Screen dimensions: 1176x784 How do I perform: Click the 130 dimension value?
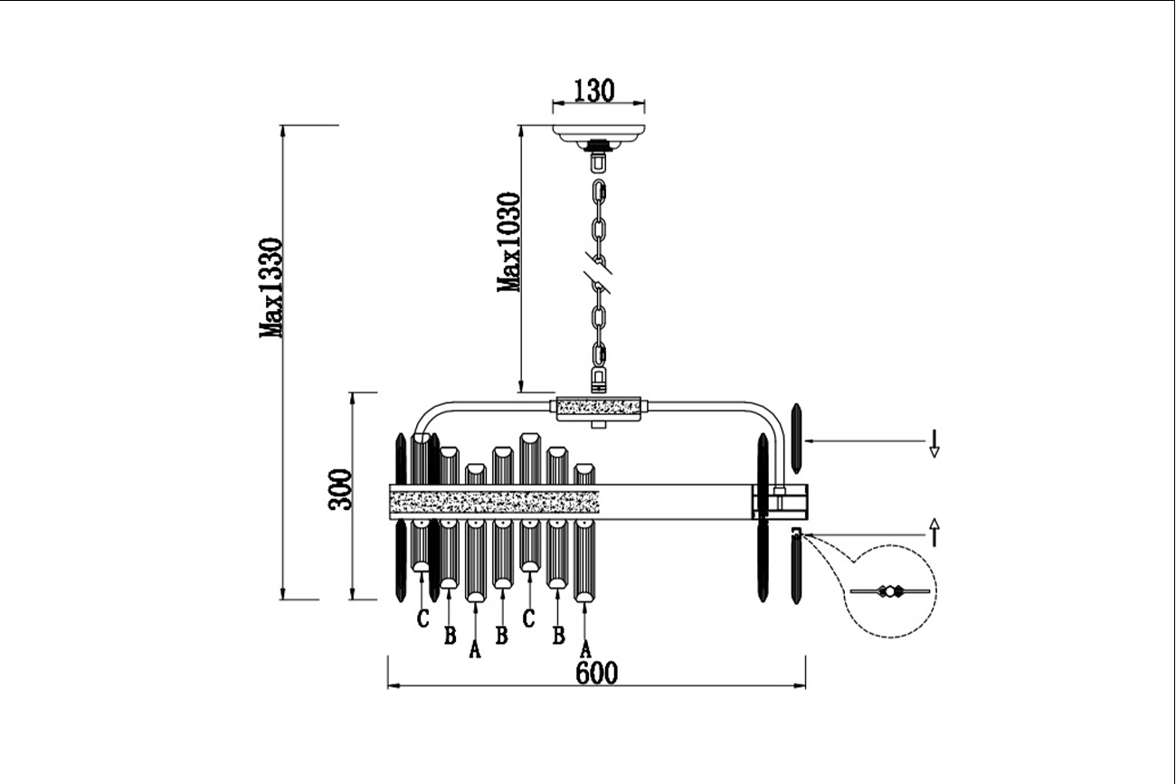tap(593, 90)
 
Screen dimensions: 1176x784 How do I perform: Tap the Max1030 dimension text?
tap(508, 242)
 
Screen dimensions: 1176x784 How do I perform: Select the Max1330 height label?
tap(270, 288)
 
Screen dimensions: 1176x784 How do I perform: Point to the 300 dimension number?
tap(339, 489)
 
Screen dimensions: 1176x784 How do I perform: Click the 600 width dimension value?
tap(596, 673)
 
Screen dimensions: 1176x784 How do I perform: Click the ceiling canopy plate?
tap(599, 134)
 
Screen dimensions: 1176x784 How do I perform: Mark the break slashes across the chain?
tap(597, 273)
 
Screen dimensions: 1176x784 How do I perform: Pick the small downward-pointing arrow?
tap(934, 444)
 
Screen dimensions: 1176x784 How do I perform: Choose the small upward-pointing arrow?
tap(934, 532)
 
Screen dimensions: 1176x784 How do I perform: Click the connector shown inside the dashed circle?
tap(890, 591)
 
